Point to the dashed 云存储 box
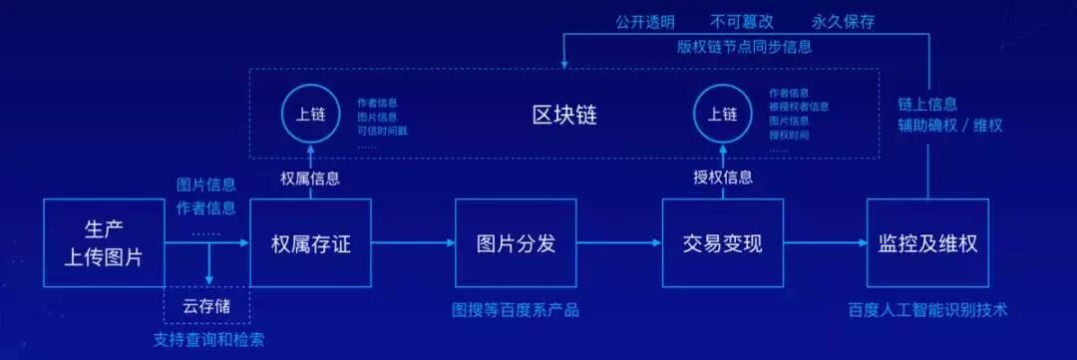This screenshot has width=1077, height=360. (x=206, y=305)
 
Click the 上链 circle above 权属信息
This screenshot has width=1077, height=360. (x=303, y=113)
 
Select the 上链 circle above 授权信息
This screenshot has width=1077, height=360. (x=721, y=113)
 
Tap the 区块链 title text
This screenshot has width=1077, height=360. (x=563, y=114)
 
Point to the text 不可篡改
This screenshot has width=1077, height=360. (x=741, y=20)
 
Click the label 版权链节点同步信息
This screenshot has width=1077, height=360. (x=744, y=46)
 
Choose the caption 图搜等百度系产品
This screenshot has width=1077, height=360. (x=515, y=309)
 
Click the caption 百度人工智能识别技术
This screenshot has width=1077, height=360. (x=927, y=309)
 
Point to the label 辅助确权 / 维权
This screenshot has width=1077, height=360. (x=949, y=127)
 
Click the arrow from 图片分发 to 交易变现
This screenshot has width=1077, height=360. (x=618, y=241)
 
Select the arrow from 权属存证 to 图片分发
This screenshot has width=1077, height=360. (x=413, y=241)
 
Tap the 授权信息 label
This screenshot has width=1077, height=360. (x=723, y=178)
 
